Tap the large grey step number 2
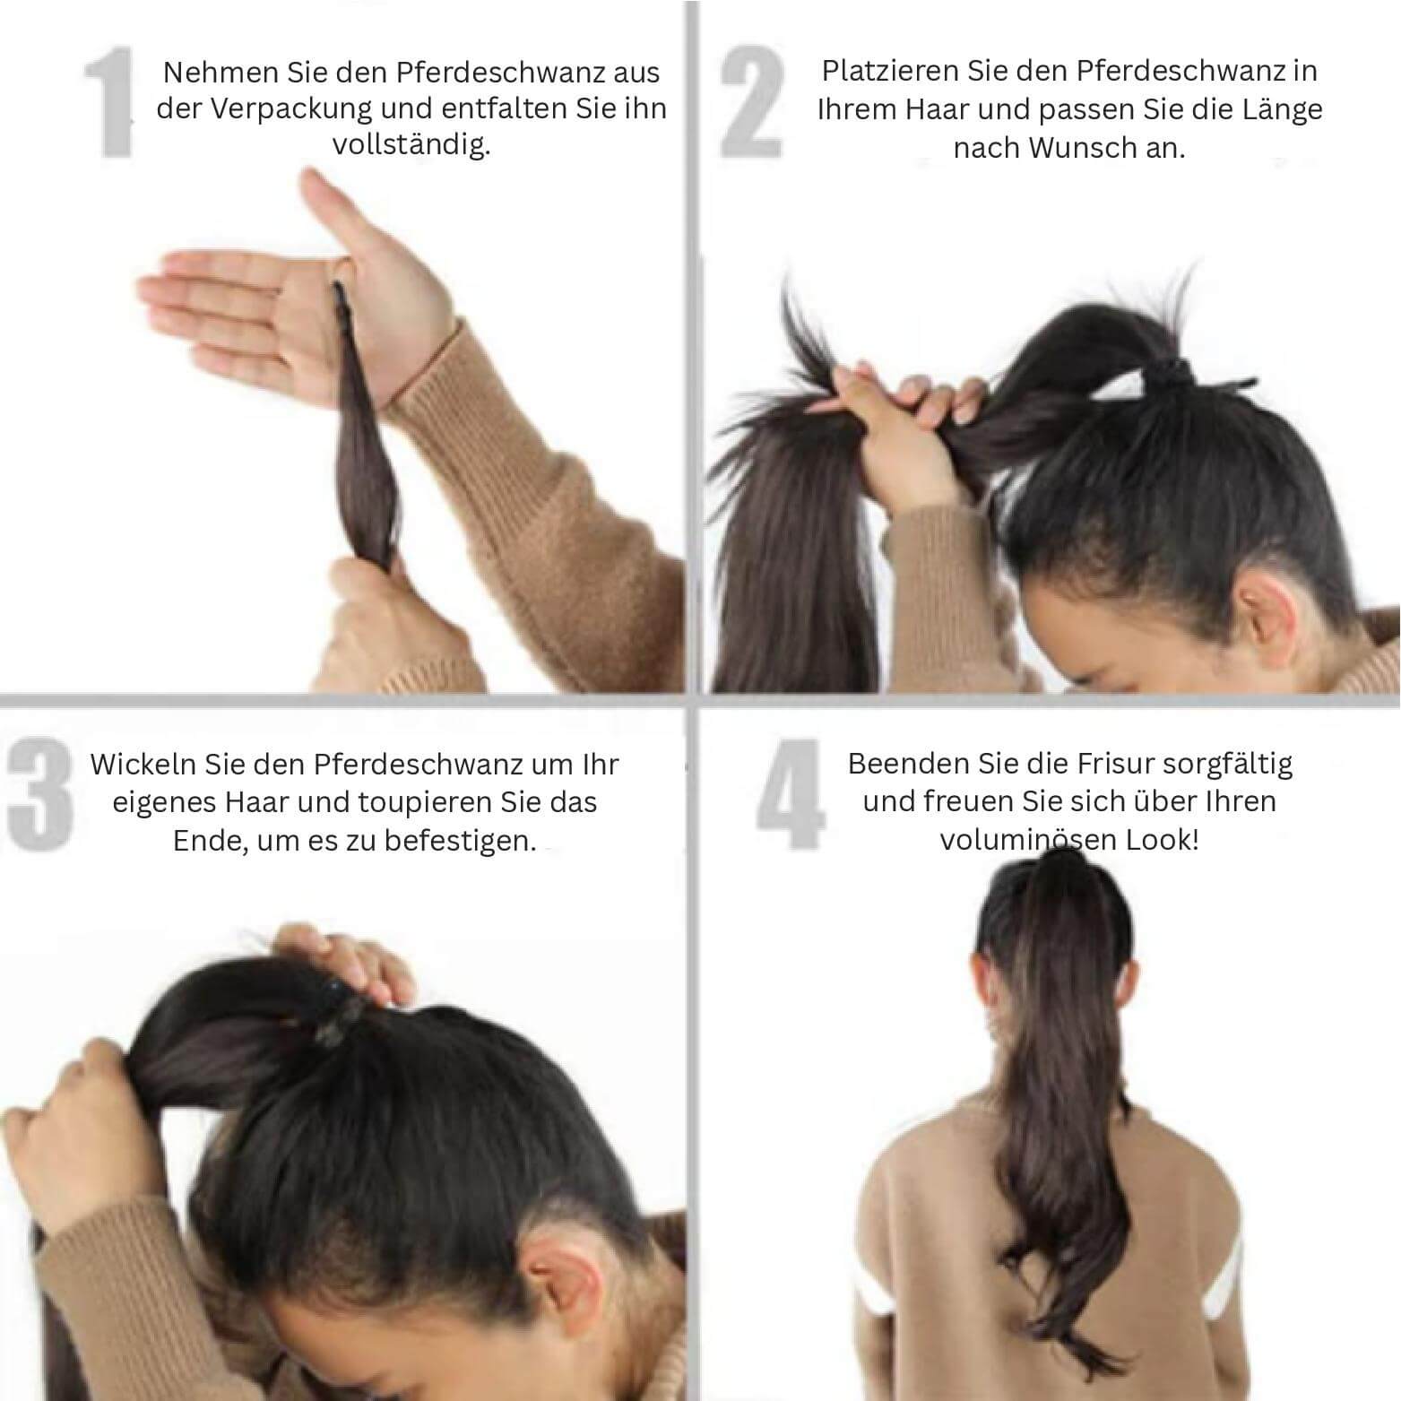(x=751, y=104)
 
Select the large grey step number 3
(x=39, y=792)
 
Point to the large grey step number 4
(x=789, y=794)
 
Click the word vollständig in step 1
(x=411, y=145)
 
